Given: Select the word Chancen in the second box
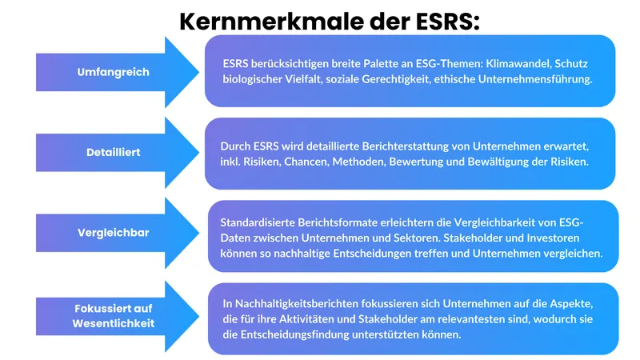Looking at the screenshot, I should [302, 162].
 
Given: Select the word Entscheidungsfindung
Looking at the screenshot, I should [305, 335].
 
